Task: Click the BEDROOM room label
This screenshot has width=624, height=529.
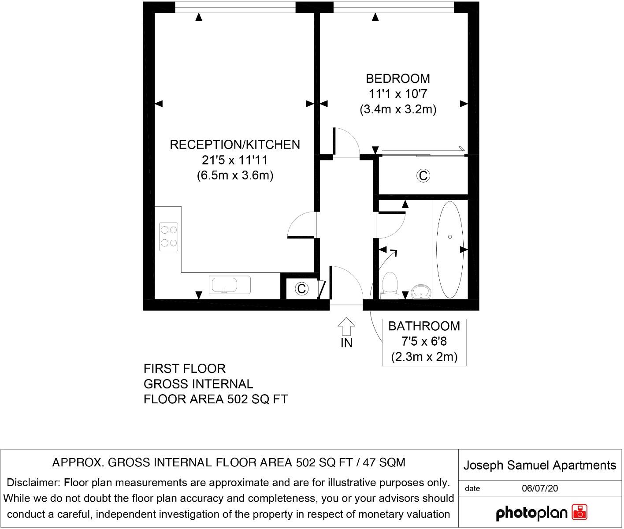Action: pos(397,79)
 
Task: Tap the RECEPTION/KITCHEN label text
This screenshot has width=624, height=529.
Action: pos(235,145)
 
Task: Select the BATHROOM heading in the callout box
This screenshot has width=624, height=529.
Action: pos(424,326)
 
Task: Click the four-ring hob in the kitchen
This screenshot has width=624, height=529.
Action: pos(168,237)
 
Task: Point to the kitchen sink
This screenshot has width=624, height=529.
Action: pos(230,285)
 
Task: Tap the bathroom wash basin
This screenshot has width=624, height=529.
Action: pos(421,291)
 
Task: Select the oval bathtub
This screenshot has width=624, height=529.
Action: pos(450,250)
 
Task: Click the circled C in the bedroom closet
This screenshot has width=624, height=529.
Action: pos(423,175)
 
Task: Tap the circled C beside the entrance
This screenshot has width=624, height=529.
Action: pos(301,288)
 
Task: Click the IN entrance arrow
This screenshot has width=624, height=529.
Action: pos(346,326)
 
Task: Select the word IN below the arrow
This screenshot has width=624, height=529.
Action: pos(346,343)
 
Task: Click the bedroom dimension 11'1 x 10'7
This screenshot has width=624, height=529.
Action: pos(398,94)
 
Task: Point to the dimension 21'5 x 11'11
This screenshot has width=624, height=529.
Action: pos(234,160)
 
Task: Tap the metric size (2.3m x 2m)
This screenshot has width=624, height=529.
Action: pos(424,357)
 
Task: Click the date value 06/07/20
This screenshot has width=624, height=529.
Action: pos(540,488)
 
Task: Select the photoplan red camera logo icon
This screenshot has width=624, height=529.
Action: pos(579,512)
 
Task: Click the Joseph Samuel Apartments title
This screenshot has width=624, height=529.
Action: pos(540,465)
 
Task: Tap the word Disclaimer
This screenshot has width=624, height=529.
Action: pos(33,483)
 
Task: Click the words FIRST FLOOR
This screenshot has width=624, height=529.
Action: pos(185,369)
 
